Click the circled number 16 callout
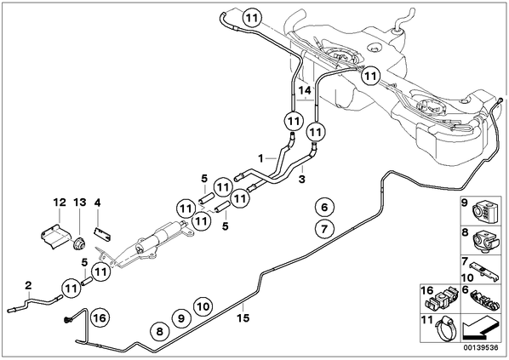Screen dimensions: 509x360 [x=100, y=317]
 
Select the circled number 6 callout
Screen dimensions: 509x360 [x=325, y=207]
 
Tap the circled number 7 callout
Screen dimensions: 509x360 [x=324, y=229]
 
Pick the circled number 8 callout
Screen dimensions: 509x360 [x=159, y=332]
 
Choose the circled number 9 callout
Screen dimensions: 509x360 [x=181, y=318]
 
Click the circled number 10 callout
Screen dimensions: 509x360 [x=203, y=306]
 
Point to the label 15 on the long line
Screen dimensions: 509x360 [x=243, y=317]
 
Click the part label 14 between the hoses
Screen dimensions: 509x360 [x=305, y=90]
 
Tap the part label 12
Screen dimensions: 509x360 [x=60, y=203]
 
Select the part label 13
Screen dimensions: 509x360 [x=80, y=203]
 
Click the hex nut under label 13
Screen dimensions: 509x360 [x=79, y=244]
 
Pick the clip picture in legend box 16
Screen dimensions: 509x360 [x=440, y=300]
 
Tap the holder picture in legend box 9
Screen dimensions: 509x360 [x=483, y=211]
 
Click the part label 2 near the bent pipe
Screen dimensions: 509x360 [x=29, y=286]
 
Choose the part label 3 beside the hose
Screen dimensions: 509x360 [x=302, y=179]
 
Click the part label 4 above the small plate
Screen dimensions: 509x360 [x=97, y=203]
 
